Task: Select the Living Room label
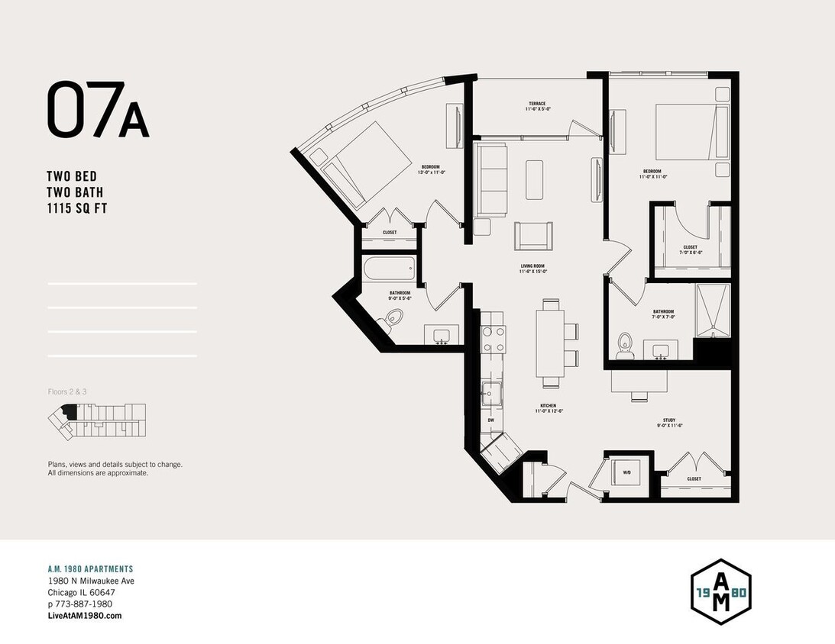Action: [x=532, y=268]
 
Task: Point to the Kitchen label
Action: [x=547, y=408]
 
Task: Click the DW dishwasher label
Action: [x=490, y=420]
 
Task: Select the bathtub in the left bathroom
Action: [x=389, y=268]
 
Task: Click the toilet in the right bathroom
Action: [x=626, y=345]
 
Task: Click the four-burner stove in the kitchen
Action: [x=493, y=339]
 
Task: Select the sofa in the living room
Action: [x=490, y=179]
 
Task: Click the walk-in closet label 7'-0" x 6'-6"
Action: [x=690, y=250]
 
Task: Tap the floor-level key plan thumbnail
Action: [x=95, y=421]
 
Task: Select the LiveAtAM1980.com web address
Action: [x=84, y=616]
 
